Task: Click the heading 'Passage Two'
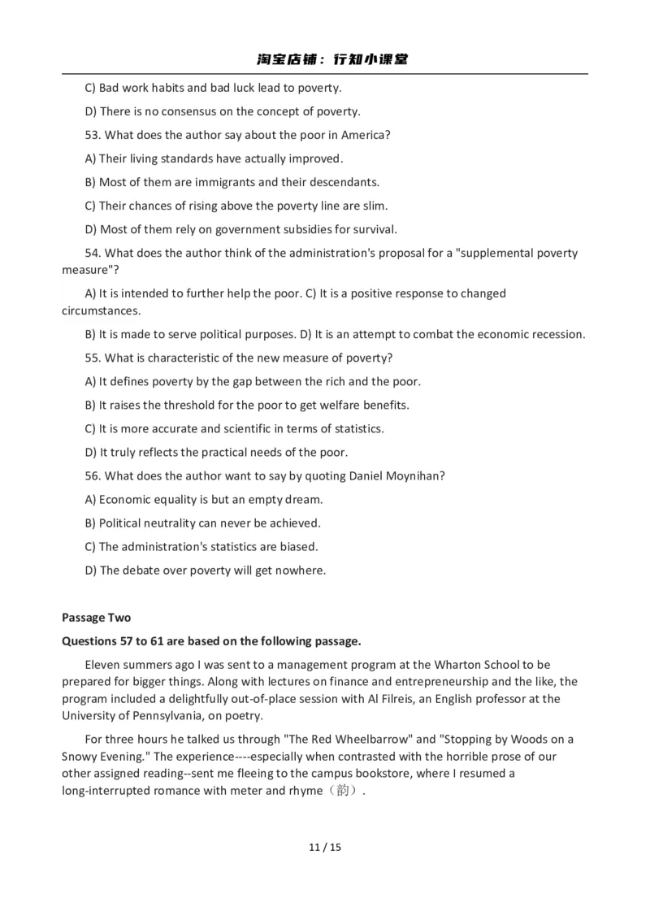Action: point(96,618)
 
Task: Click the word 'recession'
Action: point(557,334)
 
